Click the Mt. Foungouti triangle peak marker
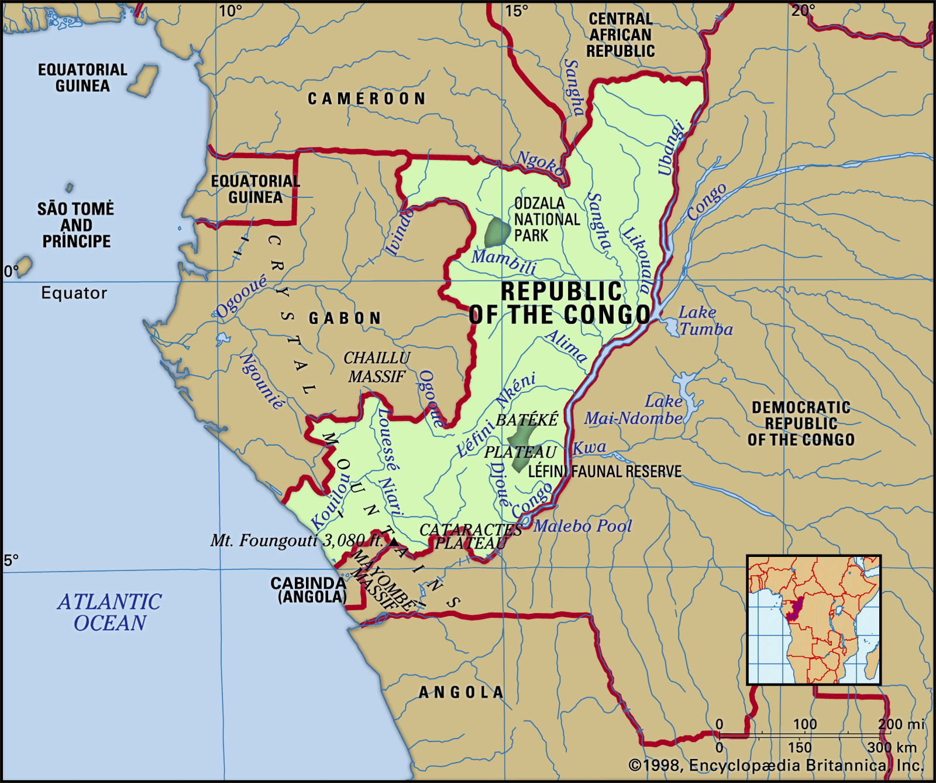point(394,542)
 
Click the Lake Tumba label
point(705,321)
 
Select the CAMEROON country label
point(367,98)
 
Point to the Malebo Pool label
point(583,526)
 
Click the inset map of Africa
point(814,620)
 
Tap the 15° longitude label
point(517,11)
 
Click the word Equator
point(74,293)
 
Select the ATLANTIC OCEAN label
point(109,612)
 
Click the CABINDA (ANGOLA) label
point(308,590)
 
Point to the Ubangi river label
point(670,148)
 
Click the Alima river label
point(566,346)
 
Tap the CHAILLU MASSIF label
point(376,367)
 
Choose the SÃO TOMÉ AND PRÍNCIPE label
point(75,225)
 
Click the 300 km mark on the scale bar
point(892,747)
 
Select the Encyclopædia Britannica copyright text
point(776,765)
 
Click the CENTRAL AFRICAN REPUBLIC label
point(620,35)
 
